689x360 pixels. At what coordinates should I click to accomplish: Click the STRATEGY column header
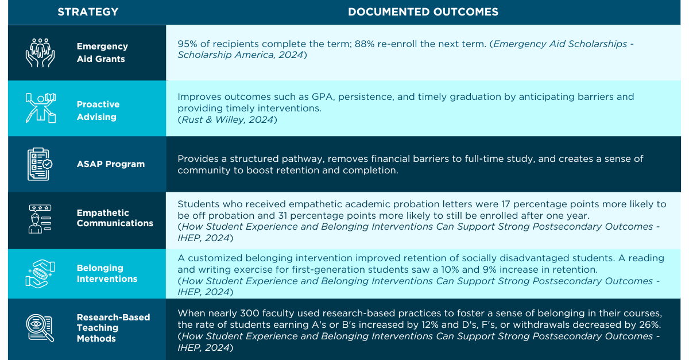(88, 11)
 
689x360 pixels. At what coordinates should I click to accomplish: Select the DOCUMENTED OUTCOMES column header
(423, 11)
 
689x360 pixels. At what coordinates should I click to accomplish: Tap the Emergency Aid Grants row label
(102, 52)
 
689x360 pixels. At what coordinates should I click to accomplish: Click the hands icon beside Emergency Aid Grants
(40, 52)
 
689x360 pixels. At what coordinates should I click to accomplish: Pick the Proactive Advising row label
(98, 111)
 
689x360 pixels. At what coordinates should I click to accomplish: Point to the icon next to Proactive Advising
(40, 108)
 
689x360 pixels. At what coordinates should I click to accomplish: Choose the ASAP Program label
(111, 164)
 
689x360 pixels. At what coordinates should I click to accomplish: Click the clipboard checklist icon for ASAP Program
(40, 164)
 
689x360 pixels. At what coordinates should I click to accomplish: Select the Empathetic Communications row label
(115, 218)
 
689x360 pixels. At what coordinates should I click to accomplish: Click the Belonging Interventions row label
(107, 273)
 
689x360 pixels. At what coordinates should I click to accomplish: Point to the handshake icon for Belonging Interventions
(40, 273)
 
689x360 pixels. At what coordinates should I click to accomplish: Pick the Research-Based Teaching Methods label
(113, 328)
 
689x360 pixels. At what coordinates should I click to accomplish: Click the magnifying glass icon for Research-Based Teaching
(40, 328)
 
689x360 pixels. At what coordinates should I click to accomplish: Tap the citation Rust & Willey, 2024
(227, 119)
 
